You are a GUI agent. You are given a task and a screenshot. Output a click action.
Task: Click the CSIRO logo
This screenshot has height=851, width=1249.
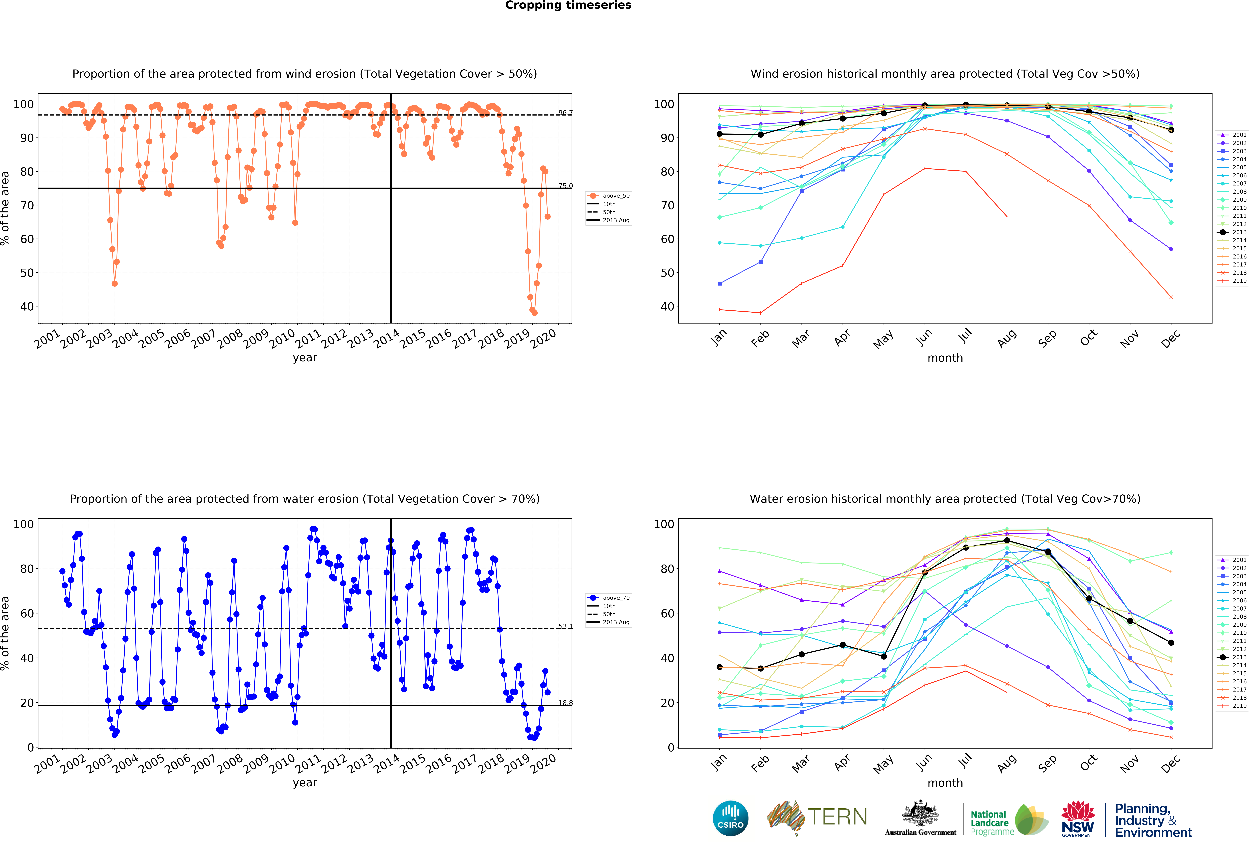click(730, 818)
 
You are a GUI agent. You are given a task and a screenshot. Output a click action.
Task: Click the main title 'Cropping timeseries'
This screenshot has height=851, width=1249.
click(568, 5)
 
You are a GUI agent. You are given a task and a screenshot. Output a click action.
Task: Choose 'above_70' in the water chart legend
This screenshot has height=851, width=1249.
click(616, 598)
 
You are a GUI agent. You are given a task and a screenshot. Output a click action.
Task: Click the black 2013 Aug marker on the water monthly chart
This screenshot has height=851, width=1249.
click(1007, 540)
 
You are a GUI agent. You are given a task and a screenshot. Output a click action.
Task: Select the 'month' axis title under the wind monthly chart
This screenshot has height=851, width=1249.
click(945, 358)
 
